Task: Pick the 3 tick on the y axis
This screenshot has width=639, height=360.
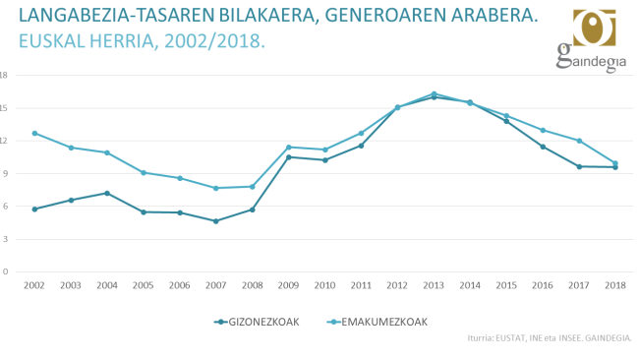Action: click(x=5, y=239)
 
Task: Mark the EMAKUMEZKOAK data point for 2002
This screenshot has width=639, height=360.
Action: click(x=34, y=133)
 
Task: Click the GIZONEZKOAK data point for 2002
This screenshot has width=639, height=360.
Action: click(x=34, y=209)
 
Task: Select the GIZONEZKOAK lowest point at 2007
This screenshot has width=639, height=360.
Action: click(x=215, y=221)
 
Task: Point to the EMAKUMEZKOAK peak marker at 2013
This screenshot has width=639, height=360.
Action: click(x=434, y=93)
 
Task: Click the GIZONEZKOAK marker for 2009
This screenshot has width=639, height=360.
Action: click(x=288, y=157)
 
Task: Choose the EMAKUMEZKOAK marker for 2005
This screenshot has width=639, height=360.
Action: click(x=144, y=172)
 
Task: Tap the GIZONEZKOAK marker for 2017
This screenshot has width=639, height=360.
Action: click(x=579, y=166)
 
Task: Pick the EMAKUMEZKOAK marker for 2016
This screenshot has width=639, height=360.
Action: click(x=543, y=130)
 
